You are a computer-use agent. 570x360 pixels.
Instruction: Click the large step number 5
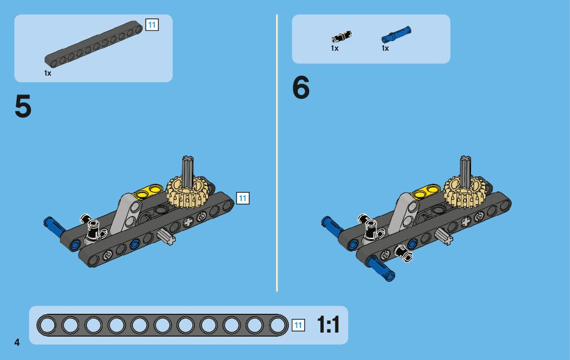pos(23,106)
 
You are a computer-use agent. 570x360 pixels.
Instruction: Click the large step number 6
pos(301,88)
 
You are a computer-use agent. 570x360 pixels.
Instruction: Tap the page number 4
pos(17,342)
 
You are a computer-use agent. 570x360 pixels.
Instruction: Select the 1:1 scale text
pos(328,324)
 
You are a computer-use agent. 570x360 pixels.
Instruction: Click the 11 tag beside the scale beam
pos(298,325)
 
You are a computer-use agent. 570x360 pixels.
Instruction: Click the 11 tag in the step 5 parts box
pos(152,25)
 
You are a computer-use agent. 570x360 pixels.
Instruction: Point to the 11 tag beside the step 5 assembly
pos(243,198)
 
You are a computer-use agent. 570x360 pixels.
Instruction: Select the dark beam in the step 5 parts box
pos(93,44)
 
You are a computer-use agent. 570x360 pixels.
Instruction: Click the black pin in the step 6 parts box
pos(342,37)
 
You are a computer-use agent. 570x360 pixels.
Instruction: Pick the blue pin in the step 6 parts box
pos(396,35)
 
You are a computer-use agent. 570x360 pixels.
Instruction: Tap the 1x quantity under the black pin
pos(334,48)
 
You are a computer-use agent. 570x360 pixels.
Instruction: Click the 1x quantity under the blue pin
pos(385,48)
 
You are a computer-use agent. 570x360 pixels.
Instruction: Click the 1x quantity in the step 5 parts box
pos(48,73)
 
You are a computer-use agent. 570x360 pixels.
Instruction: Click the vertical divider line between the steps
pos(277,153)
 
